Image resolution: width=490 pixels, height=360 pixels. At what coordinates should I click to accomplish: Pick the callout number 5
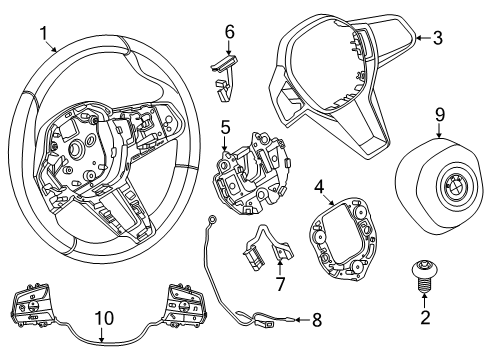coord(226,128)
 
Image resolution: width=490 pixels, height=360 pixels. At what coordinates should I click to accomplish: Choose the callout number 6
coord(229,33)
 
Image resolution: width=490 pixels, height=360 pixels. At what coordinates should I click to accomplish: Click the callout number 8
coord(318,320)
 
